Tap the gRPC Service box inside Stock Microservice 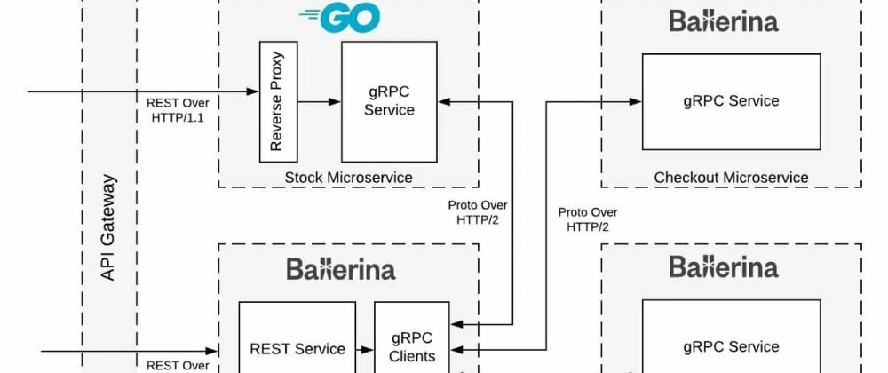(389, 101)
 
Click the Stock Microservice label (348, 178)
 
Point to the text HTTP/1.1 (178, 117)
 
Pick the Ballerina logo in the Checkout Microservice (724, 20)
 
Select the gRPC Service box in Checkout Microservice (730, 101)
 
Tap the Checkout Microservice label (731, 178)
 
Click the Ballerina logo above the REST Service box (341, 268)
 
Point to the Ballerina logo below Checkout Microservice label (724, 266)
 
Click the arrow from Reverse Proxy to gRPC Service (319, 101)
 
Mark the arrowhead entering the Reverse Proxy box (253, 91)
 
